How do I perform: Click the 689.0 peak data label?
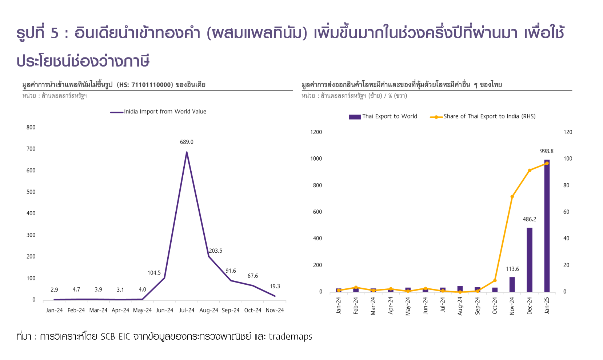[187, 142]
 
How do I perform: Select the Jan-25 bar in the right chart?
[547, 225]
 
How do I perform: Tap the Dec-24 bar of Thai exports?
[530, 260]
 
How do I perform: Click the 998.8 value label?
[547, 151]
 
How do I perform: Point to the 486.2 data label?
[530, 219]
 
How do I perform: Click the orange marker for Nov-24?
[512, 197]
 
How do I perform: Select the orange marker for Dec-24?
[530, 170]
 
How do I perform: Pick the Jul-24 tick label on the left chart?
[187, 311]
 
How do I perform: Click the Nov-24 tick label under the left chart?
[275, 311]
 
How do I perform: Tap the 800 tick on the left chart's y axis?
[31, 127]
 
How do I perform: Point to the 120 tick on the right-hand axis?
[568, 132]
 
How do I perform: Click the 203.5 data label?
[216, 251]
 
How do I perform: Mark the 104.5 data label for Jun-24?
[154, 273]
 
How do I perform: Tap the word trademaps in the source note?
[291, 337]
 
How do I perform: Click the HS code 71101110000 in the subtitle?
[151, 85]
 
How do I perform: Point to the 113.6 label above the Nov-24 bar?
[512, 269]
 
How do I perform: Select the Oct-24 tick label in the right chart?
[495, 306]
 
